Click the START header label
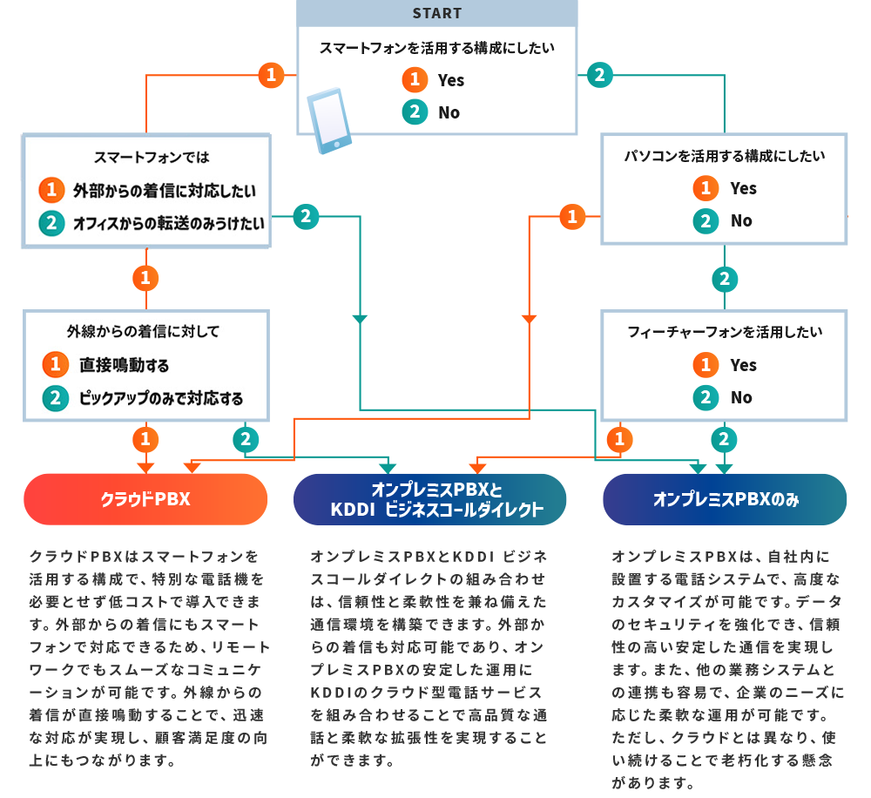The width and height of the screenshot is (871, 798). pyautogui.click(x=436, y=13)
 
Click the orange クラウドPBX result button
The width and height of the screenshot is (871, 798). pyautogui.click(x=145, y=499)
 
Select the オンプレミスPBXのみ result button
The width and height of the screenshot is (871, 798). pyautogui.click(x=726, y=499)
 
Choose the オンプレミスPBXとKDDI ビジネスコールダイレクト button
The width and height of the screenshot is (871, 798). pyautogui.click(x=430, y=499)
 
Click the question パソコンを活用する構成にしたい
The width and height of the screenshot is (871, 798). pyautogui.click(x=725, y=156)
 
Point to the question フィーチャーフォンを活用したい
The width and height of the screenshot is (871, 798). pyautogui.click(x=725, y=332)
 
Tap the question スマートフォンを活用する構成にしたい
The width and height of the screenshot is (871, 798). pyautogui.click(x=436, y=48)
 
